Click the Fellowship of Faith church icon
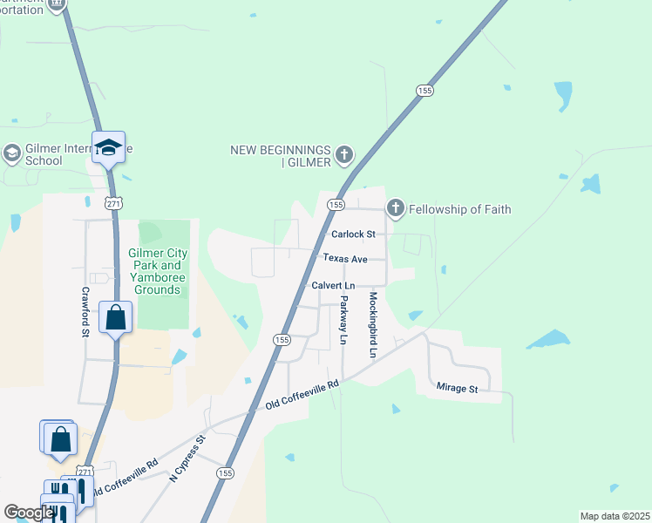pos(396,208)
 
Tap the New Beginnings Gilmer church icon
pos(344,156)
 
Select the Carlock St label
pos(353,234)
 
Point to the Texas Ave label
pos(345,259)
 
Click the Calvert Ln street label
pos(333,286)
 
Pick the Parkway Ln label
pos(344,319)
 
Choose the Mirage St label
pos(456,389)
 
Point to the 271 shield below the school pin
pos(114,202)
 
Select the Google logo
pos(28,513)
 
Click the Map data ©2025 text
pos(615,516)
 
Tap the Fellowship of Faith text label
pos(461,209)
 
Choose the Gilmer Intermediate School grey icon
pos(11,154)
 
